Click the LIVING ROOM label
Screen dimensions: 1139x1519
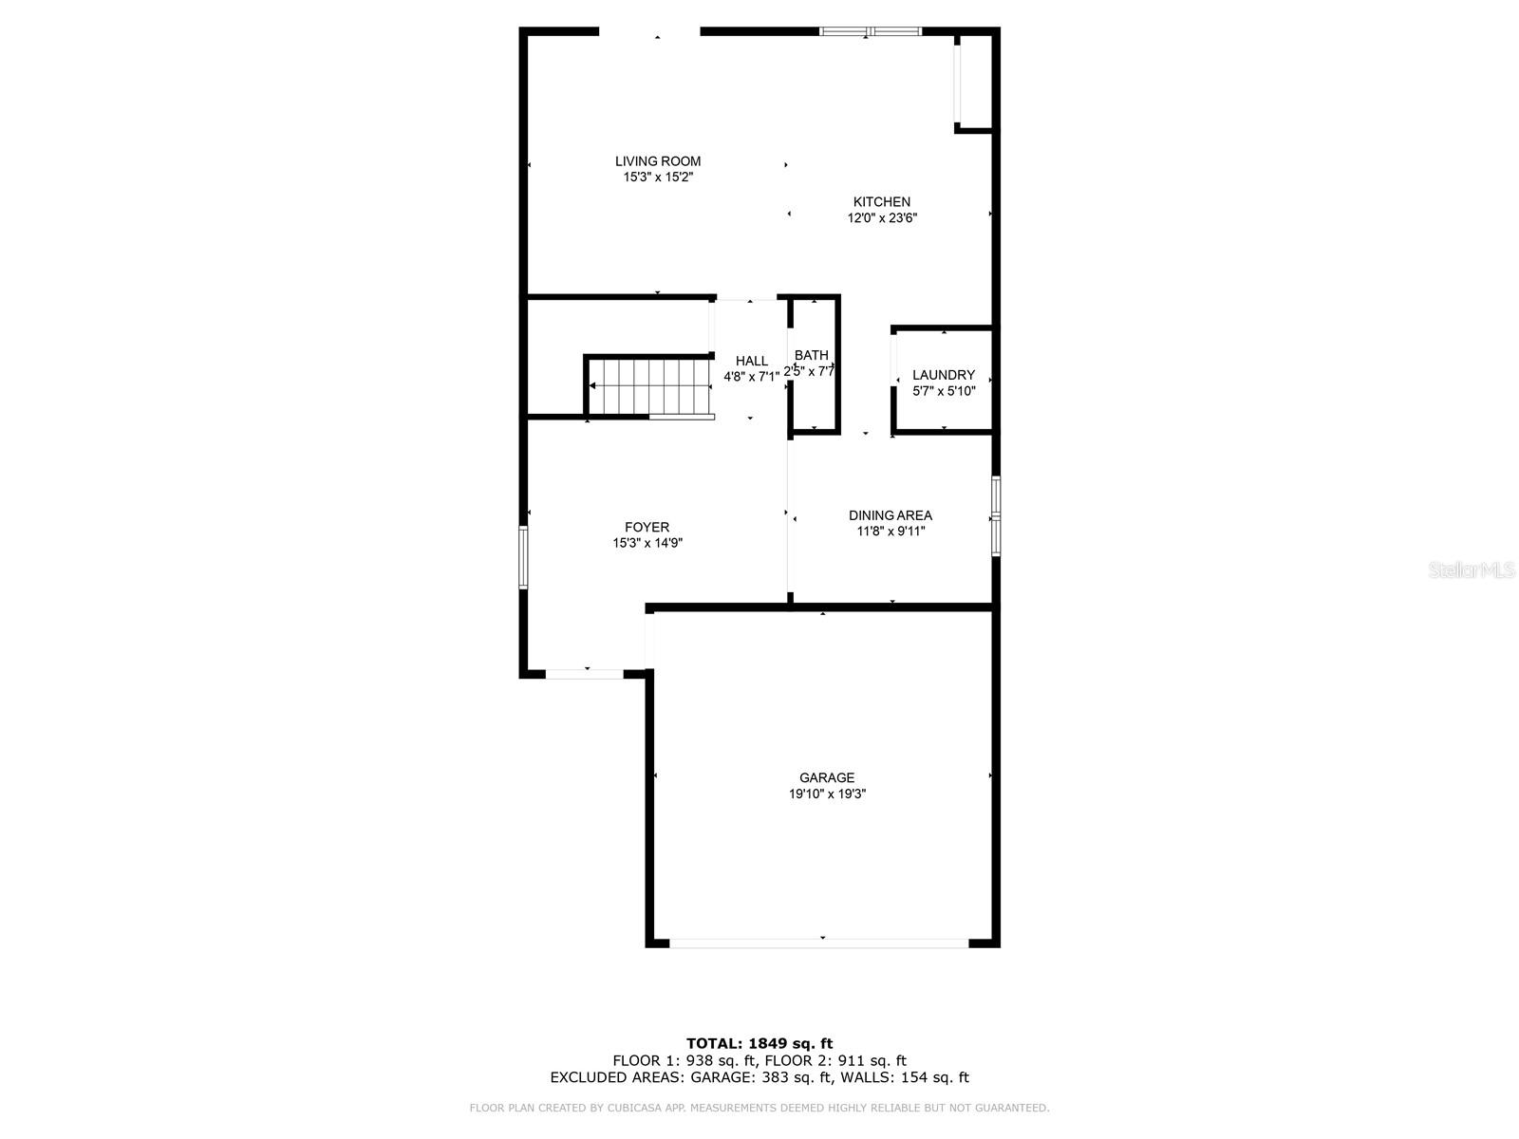click(x=657, y=161)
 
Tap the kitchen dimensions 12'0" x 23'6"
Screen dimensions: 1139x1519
click(x=882, y=218)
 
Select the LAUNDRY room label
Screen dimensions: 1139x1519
click(x=943, y=375)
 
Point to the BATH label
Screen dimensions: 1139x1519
click(x=812, y=355)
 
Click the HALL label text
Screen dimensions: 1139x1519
click(x=751, y=361)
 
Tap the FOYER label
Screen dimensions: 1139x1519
click(x=647, y=528)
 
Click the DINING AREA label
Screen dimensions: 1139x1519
click(x=890, y=515)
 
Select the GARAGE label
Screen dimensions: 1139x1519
click(x=826, y=777)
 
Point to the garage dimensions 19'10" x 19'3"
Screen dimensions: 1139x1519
click(x=826, y=794)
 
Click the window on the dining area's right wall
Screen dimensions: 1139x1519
click(x=995, y=515)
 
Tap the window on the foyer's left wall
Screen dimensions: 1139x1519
click(x=523, y=557)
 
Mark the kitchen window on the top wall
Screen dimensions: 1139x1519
click(x=870, y=31)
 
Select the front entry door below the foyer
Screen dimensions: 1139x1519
click(x=585, y=674)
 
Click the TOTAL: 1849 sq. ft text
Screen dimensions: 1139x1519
click(x=759, y=1043)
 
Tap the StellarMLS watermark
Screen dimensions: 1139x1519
click(x=1472, y=570)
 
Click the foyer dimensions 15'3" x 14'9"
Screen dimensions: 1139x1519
click(x=647, y=544)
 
